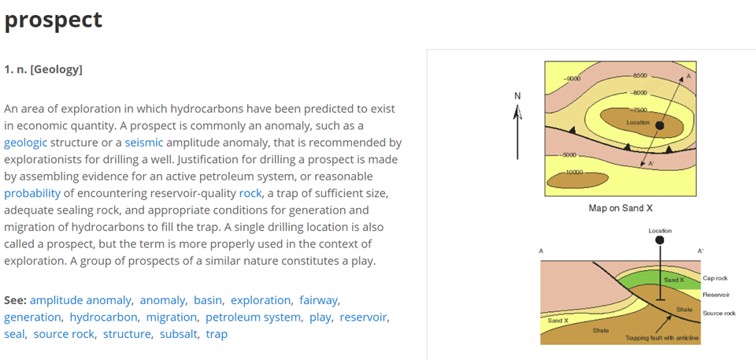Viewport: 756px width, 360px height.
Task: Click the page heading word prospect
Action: [53, 20]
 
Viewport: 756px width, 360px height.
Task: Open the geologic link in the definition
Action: [25, 143]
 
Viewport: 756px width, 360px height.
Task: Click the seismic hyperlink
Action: [144, 143]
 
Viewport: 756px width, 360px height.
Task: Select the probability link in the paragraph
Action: [32, 194]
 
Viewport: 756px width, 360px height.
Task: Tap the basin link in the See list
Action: [208, 300]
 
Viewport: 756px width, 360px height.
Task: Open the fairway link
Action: [318, 301]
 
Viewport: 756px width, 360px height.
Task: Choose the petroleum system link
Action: [253, 317]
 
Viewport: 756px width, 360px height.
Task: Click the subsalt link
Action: [179, 334]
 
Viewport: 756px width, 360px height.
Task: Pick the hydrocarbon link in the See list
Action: [104, 317]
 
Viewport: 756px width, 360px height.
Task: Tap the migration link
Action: [172, 317]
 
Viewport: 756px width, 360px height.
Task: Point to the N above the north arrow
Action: [517, 97]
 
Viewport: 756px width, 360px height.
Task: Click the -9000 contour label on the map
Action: [573, 78]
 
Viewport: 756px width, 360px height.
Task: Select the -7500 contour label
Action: [639, 110]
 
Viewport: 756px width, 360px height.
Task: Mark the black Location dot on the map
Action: [660, 125]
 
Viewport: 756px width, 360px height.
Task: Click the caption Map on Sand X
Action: [621, 209]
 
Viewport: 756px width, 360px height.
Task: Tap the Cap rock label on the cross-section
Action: [715, 278]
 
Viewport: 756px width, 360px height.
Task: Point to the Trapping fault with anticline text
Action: [662, 338]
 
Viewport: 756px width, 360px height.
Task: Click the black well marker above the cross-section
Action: [660, 239]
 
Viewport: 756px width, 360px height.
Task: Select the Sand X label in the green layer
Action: [674, 280]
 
